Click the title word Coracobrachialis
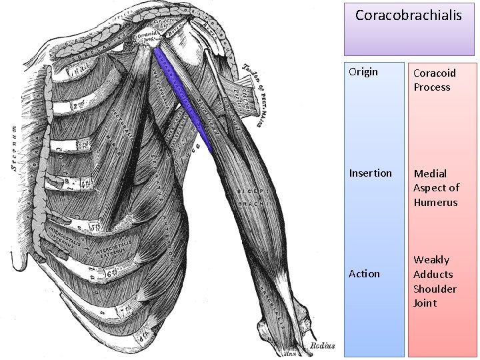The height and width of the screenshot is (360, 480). click(x=408, y=15)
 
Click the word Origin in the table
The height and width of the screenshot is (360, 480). click(x=363, y=72)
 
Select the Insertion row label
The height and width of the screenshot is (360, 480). click(x=371, y=173)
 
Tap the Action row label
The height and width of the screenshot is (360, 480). click(x=365, y=273)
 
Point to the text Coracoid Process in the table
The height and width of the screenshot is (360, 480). click(x=432, y=79)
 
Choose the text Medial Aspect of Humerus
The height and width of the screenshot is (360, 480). click(x=436, y=188)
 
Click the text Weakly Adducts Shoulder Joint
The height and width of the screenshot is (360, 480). click(x=435, y=281)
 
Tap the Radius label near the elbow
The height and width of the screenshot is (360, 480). click(x=322, y=346)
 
